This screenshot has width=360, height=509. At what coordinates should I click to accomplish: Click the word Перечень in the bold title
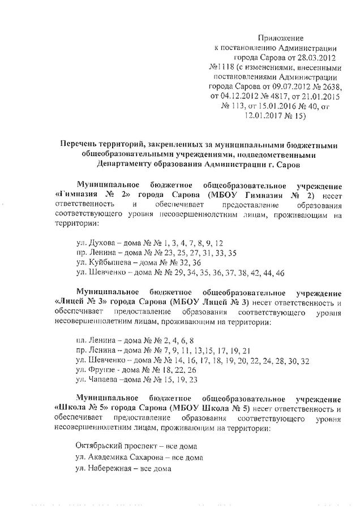click(84, 145)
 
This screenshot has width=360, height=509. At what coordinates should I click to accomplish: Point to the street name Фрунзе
click(102, 369)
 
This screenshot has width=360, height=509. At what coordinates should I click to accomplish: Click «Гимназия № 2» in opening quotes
click(91, 194)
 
